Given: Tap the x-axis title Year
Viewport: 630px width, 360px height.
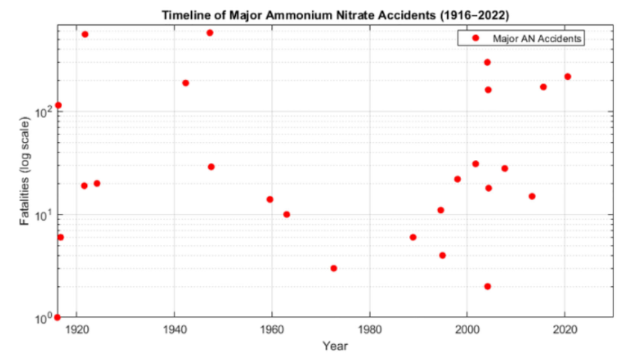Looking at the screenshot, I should click(335, 346).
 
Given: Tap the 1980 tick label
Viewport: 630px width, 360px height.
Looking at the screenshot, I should click(370, 330).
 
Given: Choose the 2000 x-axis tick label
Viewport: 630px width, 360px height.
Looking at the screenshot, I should click(467, 330).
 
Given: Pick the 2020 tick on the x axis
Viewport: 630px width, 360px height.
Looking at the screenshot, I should click(565, 330).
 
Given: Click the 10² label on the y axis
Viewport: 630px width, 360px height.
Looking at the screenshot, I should click(43, 111).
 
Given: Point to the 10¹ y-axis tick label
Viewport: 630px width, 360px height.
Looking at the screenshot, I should click(43, 214).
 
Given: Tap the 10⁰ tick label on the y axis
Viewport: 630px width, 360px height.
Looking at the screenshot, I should click(43, 318).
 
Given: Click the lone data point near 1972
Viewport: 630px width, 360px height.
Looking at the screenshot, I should click(333, 268).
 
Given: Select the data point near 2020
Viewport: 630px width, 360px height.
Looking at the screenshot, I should click(568, 77).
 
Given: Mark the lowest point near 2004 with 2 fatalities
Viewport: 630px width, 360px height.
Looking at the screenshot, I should click(487, 286).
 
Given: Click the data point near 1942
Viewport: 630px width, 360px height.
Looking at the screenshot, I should click(186, 83).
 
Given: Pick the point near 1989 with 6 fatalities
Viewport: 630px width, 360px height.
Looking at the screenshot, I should click(413, 237).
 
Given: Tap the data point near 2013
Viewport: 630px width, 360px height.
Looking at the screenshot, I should click(532, 197).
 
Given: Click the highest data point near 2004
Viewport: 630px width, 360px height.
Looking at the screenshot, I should click(487, 62).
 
